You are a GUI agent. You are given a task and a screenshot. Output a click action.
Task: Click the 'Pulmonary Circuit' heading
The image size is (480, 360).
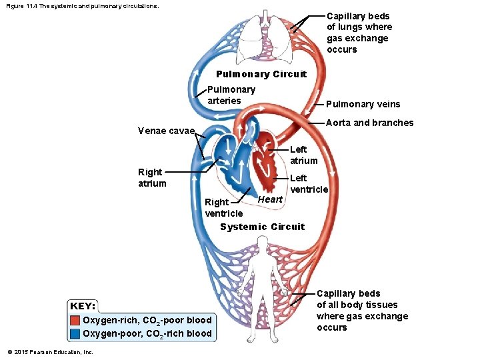[261, 74]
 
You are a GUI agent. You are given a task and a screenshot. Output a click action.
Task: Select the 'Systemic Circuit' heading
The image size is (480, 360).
[262, 227]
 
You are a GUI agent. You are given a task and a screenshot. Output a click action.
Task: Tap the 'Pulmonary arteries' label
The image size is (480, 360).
[231, 95]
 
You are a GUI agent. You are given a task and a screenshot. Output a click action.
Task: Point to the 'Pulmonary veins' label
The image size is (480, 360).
[363, 103]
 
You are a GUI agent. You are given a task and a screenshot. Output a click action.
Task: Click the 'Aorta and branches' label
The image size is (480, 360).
[369, 123]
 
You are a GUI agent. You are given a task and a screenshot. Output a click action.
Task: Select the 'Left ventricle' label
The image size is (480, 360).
[309, 183]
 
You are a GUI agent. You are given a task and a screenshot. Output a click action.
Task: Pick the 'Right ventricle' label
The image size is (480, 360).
[224, 207]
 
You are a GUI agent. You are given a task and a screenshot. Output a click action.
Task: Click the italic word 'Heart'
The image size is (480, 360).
[270, 199]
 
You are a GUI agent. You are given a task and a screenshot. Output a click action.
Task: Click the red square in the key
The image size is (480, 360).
[75, 320]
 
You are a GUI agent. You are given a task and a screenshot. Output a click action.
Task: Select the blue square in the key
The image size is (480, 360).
[75, 333]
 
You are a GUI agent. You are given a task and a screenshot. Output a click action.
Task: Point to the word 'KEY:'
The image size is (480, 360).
[83, 306]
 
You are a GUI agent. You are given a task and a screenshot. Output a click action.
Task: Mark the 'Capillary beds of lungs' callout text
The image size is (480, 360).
[359, 33]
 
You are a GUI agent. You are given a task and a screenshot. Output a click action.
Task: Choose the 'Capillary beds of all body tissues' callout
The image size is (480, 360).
[362, 310]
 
